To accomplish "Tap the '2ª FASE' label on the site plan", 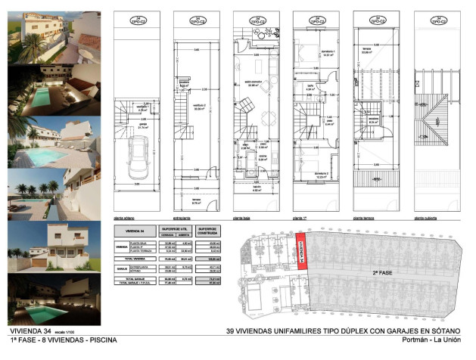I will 381,271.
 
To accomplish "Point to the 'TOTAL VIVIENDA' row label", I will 134,259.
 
